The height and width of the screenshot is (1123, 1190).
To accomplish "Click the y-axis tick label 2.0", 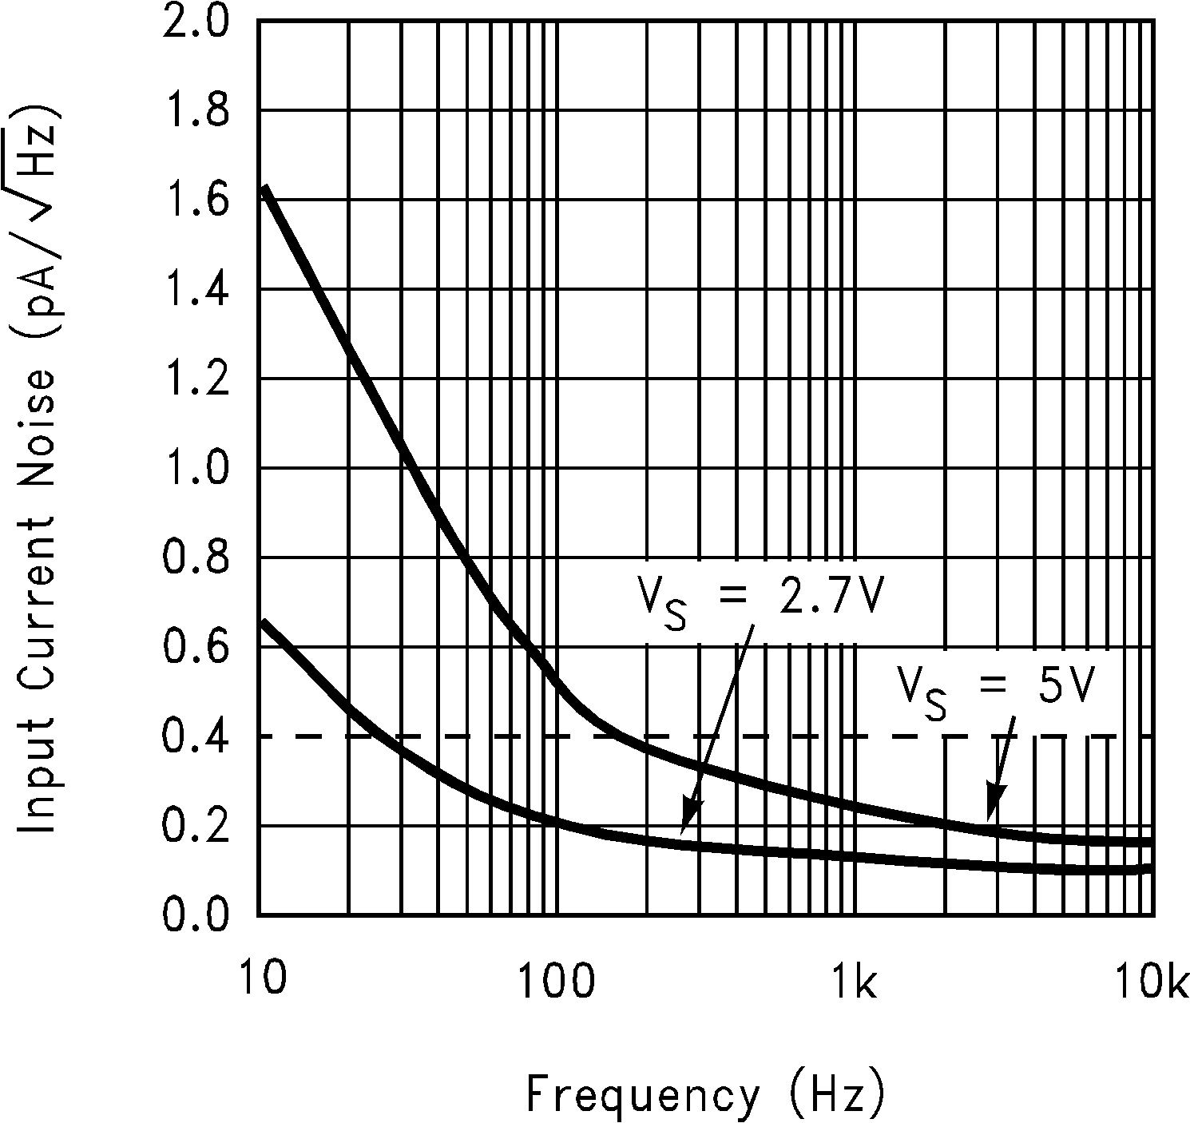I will (x=195, y=22).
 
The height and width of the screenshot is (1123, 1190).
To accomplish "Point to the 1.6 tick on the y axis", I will (x=195, y=201).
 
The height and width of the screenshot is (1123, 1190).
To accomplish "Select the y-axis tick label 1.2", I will (x=195, y=380).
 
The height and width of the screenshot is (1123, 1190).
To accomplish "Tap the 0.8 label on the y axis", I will (x=195, y=558).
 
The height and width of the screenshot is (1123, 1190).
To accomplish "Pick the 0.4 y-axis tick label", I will (x=195, y=736).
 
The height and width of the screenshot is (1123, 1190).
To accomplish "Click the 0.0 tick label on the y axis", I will (x=195, y=915).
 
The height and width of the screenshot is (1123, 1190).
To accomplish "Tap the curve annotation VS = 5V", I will (x=994, y=687).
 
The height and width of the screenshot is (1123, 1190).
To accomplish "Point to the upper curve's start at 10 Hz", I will (x=264, y=188).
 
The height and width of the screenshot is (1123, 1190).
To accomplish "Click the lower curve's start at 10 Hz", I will (x=264, y=621).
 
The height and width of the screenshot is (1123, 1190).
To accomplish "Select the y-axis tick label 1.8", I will (x=195, y=112).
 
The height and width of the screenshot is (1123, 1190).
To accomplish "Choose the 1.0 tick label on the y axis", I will (x=195, y=469).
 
